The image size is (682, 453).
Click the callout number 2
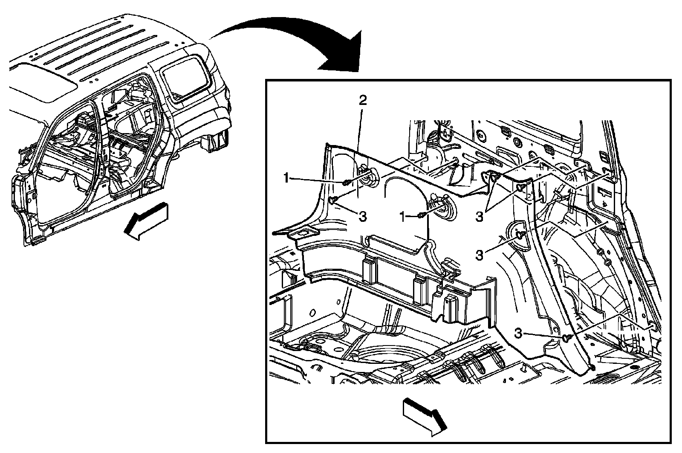click(363, 100)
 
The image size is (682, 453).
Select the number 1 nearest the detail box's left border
click(286, 178)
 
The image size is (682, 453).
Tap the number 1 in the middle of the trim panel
click(403, 217)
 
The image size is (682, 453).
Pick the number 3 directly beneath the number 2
click(363, 217)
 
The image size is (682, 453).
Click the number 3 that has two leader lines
click(479, 217)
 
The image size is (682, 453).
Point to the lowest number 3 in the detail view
click(518, 333)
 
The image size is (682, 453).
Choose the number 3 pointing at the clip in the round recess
click(479, 255)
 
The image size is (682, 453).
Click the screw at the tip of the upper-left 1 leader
click(346, 183)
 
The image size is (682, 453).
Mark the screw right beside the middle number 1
click(420, 215)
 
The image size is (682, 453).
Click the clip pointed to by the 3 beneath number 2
click(332, 200)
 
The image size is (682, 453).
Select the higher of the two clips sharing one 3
click(495, 176)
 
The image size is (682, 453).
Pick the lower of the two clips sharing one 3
click(520, 187)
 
